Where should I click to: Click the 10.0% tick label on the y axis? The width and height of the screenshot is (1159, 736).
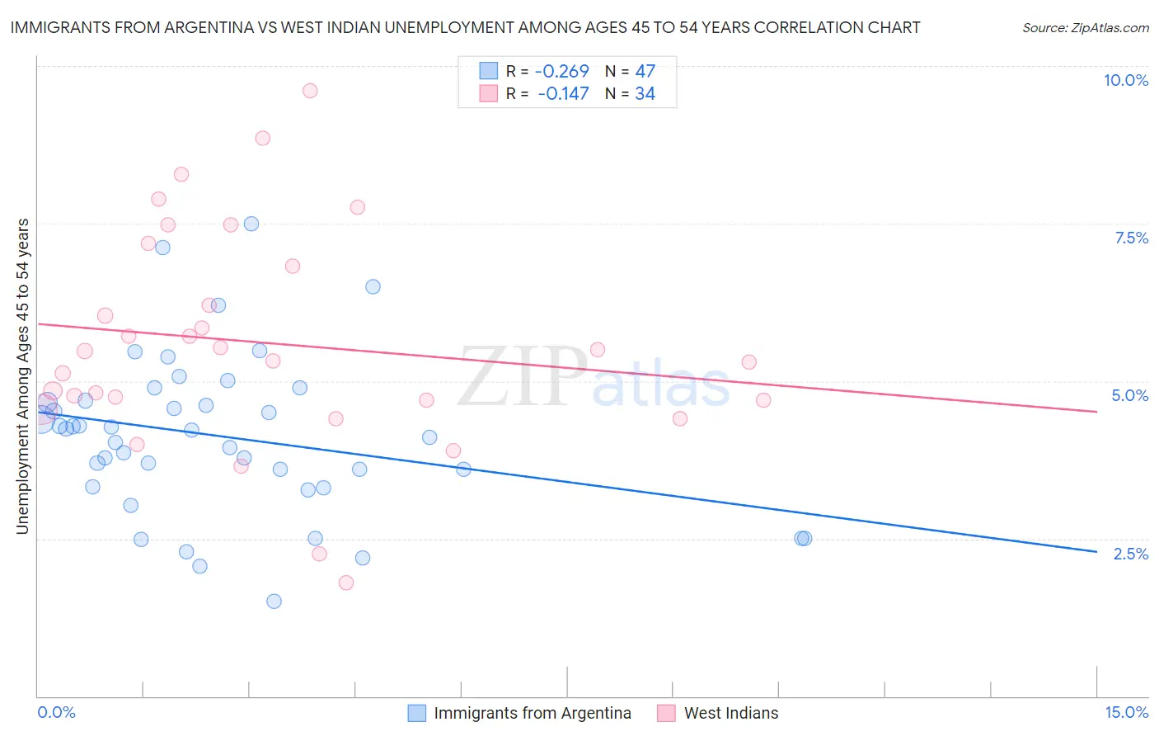1125,80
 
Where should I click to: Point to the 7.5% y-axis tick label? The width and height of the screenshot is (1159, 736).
1131,238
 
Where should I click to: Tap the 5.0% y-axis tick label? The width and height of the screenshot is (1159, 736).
1129,395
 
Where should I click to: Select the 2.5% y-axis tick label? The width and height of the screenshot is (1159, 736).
1130,554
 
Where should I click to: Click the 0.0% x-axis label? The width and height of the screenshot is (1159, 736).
56,712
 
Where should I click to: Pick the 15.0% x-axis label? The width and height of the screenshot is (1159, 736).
1126,712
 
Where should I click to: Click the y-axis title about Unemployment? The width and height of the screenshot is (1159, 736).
22,376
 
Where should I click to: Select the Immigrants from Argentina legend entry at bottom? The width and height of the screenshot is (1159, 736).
532,713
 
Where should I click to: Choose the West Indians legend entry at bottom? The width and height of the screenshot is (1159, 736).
730,713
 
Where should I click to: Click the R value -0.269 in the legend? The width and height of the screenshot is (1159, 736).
562,72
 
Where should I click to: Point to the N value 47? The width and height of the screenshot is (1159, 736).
645,72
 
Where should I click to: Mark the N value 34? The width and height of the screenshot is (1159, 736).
645,94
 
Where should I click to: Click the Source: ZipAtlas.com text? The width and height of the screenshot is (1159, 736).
1085,28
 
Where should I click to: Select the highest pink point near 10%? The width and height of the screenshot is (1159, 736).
310,91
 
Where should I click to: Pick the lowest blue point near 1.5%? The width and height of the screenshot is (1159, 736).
274,601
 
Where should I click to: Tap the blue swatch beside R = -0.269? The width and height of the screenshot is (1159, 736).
489,72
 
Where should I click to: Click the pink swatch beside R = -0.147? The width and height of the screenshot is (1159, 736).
489,93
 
